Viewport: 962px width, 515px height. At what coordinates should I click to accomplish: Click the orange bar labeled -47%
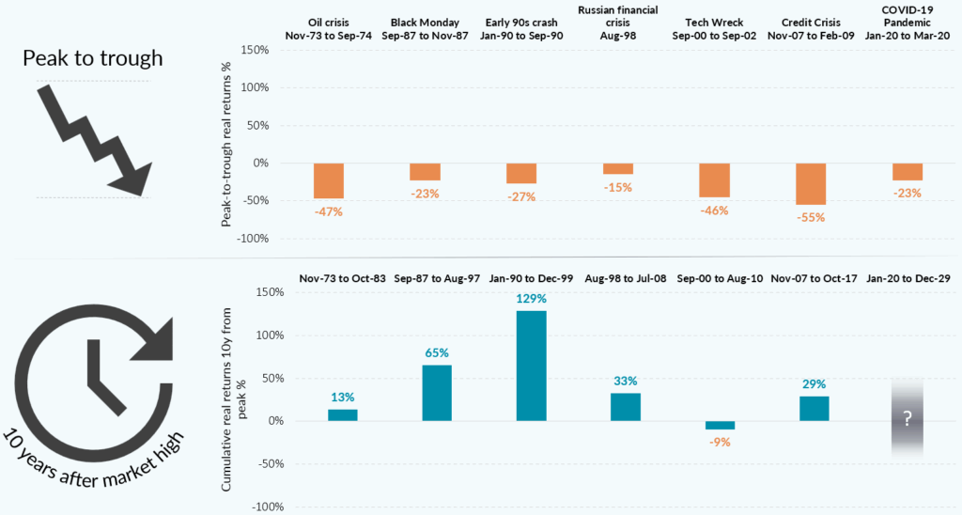click(x=328, y=180)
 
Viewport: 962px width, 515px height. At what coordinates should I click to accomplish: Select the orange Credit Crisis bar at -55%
click(x=810, y=183)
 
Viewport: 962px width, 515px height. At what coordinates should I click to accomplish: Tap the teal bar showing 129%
click(x=531, y=366)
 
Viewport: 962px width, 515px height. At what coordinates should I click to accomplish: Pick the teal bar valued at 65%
click(x=437, y=393)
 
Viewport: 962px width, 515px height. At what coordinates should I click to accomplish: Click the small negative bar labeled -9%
click(x=720, y=425)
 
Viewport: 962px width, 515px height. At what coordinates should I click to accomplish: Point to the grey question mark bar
click(x=907, y=419)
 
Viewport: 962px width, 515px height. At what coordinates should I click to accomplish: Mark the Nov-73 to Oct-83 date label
click(x=343, y=279)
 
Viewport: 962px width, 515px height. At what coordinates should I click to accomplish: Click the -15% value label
click(x=617, y=187)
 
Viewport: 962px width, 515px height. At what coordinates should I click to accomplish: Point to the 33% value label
click(x=625, y=381)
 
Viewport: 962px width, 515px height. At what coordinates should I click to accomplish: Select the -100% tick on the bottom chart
click(x=255, y=507)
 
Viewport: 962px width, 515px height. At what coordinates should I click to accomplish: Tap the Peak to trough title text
click(x=93, y=58)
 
